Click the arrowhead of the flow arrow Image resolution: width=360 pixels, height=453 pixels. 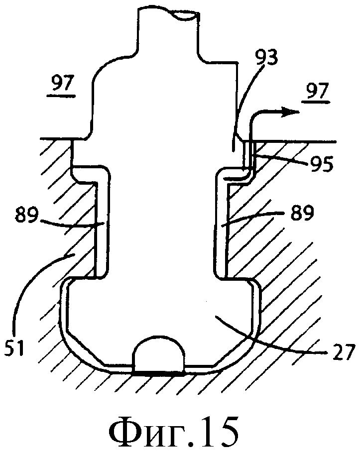[x=291, y=112]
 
